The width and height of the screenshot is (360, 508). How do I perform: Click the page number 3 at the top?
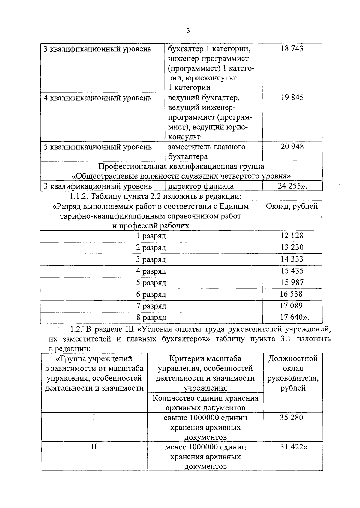tap(188, 31)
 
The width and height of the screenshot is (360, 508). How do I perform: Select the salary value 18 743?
tap(292, 49)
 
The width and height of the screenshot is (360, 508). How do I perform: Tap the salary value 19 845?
tap(292, 98)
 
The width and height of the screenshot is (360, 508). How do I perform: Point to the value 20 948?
tap(292, 147)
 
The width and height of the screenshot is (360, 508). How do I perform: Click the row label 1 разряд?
tap(151, 236)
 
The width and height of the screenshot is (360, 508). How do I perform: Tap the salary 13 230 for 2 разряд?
tap(292, 247)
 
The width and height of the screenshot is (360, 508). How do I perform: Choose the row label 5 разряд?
tap(151, 283)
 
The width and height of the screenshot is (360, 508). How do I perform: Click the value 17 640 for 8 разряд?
tap(292, 317)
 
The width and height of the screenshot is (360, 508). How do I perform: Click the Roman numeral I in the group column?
tap(94, 417)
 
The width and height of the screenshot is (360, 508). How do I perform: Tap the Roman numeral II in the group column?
tap(94, 447)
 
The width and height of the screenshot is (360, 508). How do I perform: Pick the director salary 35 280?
tap(291, 417)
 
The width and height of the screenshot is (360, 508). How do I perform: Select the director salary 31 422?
tap(291, 447)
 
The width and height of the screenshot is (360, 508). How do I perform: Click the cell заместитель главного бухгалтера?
tap(206, 151)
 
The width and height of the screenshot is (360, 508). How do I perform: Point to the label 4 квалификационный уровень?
tap(97, 98)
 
